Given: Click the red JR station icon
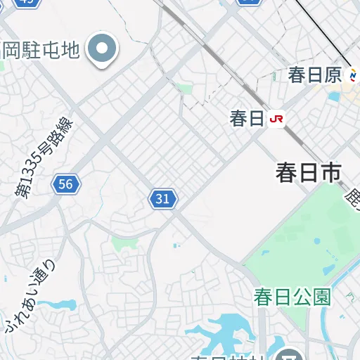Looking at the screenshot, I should [277, 119].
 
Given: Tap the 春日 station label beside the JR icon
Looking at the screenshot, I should [246, 119].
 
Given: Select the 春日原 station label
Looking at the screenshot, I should [314, 75].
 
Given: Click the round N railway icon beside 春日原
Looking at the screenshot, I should [352, 75].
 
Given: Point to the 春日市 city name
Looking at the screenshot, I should [308, 173].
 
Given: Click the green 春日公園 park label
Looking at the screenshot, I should [292, 297].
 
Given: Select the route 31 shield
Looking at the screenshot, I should [162, 199].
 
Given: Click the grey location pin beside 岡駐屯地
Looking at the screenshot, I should [103, 49].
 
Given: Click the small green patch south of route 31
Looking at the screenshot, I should [124, 243].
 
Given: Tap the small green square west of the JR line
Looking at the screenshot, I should [185, 89].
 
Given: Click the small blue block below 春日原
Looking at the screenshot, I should [333, 96].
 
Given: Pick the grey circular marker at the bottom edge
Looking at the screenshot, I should [288, 354].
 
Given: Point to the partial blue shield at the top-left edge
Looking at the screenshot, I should [27, 2].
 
